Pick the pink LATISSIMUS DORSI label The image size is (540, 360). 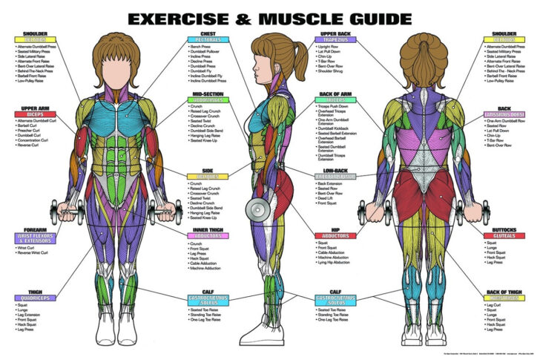(504, 114)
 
